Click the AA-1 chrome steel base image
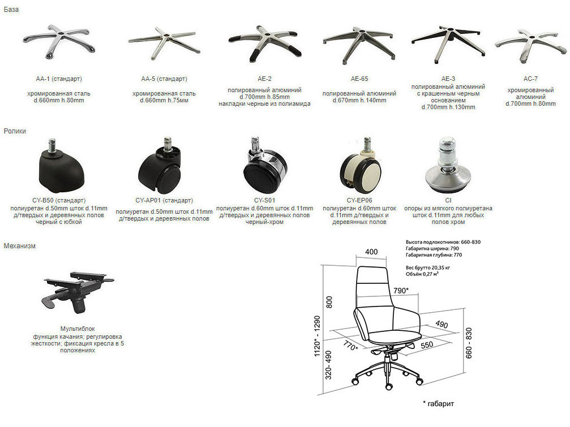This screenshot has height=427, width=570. coord(59,42)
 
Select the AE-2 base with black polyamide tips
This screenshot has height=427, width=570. coord(265,42)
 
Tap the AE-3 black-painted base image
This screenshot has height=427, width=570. coord(448,44)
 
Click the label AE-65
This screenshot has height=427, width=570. coord(359,79)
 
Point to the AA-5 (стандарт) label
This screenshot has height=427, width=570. coord(164,79)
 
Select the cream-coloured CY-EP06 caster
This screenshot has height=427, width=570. coord(360,165)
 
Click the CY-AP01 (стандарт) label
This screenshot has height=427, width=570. coord(164,200)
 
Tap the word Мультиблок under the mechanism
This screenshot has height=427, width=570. coord(78,329)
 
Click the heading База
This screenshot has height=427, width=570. coord(11,10)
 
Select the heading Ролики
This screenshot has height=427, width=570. coord(15,131)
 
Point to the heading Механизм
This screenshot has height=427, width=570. coord(20,246)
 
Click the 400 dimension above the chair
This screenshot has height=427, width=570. coord(371,252)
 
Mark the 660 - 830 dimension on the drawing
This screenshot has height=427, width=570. coord(469,343)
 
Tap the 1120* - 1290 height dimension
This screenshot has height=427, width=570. coord(317,336)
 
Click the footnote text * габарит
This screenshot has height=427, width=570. coord(439,404)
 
